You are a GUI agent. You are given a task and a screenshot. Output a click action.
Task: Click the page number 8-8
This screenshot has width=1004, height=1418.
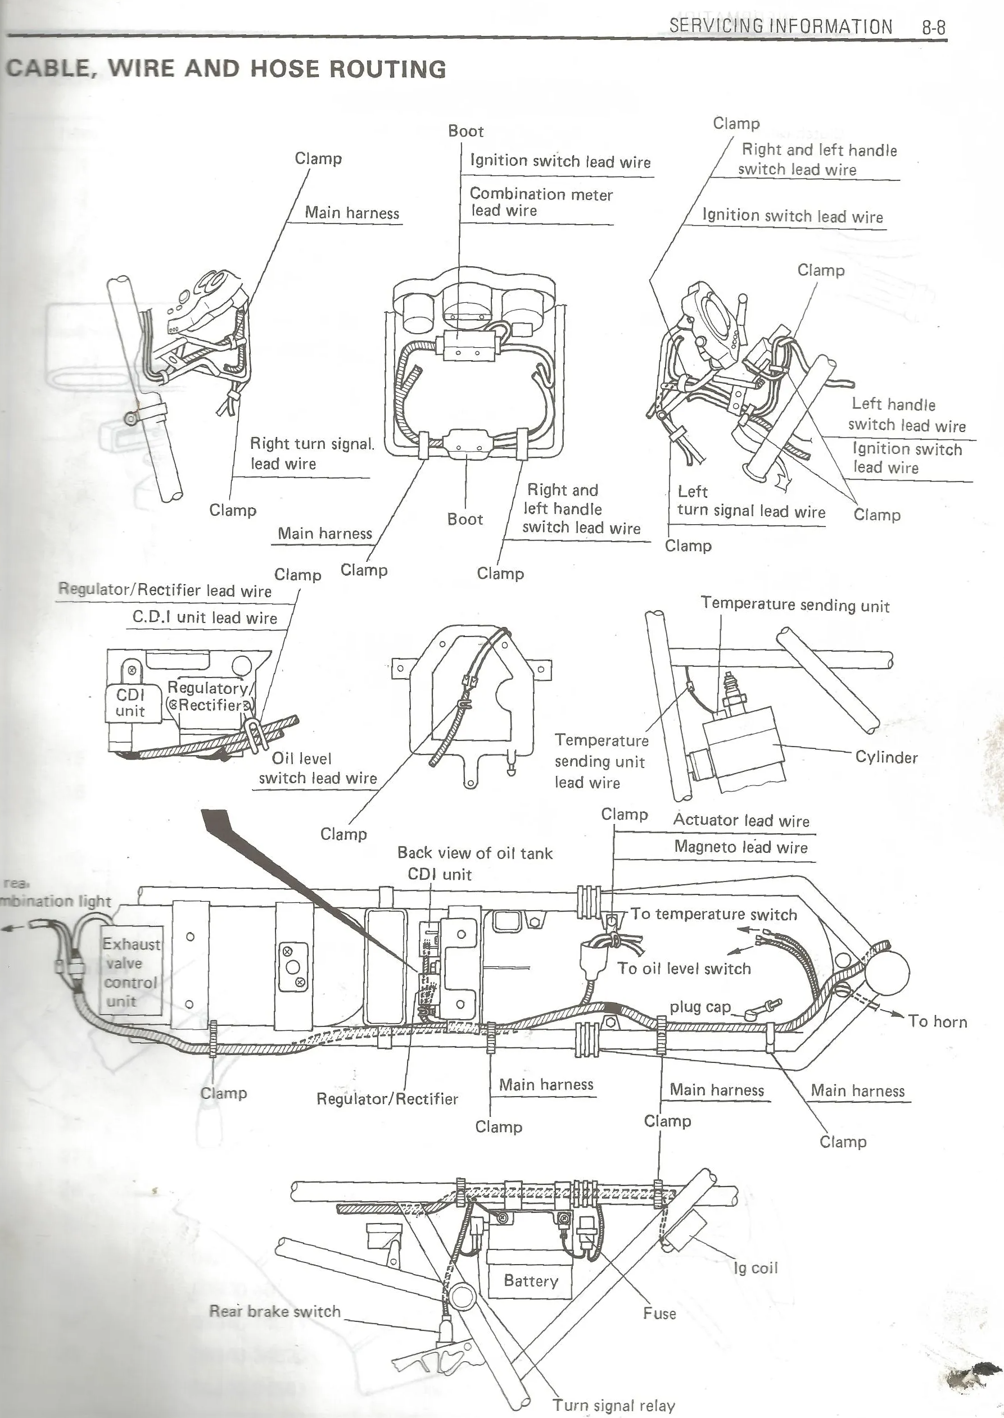click(x=934, y=27)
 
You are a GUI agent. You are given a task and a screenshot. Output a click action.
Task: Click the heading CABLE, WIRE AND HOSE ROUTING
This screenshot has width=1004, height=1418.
click(x=227, y=69)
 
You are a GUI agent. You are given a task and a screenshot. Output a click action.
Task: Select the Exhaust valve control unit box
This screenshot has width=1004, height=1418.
click(x=131, y=972)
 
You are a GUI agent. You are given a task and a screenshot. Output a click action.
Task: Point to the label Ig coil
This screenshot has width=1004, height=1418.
click(x=756, y=1268)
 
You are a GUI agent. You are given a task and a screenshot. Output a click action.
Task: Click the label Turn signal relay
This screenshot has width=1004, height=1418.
click(x=613, y=1406)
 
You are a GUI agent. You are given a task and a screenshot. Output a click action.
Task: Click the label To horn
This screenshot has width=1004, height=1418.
click(x=937, y=1021)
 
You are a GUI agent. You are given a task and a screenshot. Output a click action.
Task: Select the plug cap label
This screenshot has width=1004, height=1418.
click(x=700, y=1007)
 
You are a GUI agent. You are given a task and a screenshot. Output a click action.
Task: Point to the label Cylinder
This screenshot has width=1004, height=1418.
click(x=886, y=757)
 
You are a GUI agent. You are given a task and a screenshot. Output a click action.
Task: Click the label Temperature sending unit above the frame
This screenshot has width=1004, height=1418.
click(x=795, y=605)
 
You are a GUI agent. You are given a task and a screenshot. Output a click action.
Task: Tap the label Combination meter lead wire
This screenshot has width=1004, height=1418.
click(x=540, y=202)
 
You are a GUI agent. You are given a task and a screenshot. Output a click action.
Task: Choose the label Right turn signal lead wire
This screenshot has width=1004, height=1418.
click(x=311, y=453)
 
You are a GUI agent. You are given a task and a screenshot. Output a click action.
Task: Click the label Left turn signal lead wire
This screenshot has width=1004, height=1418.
click(x=750, y=502)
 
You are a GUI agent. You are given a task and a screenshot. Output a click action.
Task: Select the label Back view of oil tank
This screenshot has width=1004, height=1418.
click(x=475, y=853)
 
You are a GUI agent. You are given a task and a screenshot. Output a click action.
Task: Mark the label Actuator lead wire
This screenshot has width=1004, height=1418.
click(x=741, y=820)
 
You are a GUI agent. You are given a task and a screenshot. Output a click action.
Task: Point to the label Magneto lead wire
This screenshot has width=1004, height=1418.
click(x=741, y=847)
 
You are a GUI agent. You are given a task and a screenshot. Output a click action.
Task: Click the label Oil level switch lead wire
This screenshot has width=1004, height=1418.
click(x=318, y=768)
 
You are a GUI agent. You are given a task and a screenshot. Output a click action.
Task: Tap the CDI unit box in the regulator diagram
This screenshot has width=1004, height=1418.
click(x=130, y=703)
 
